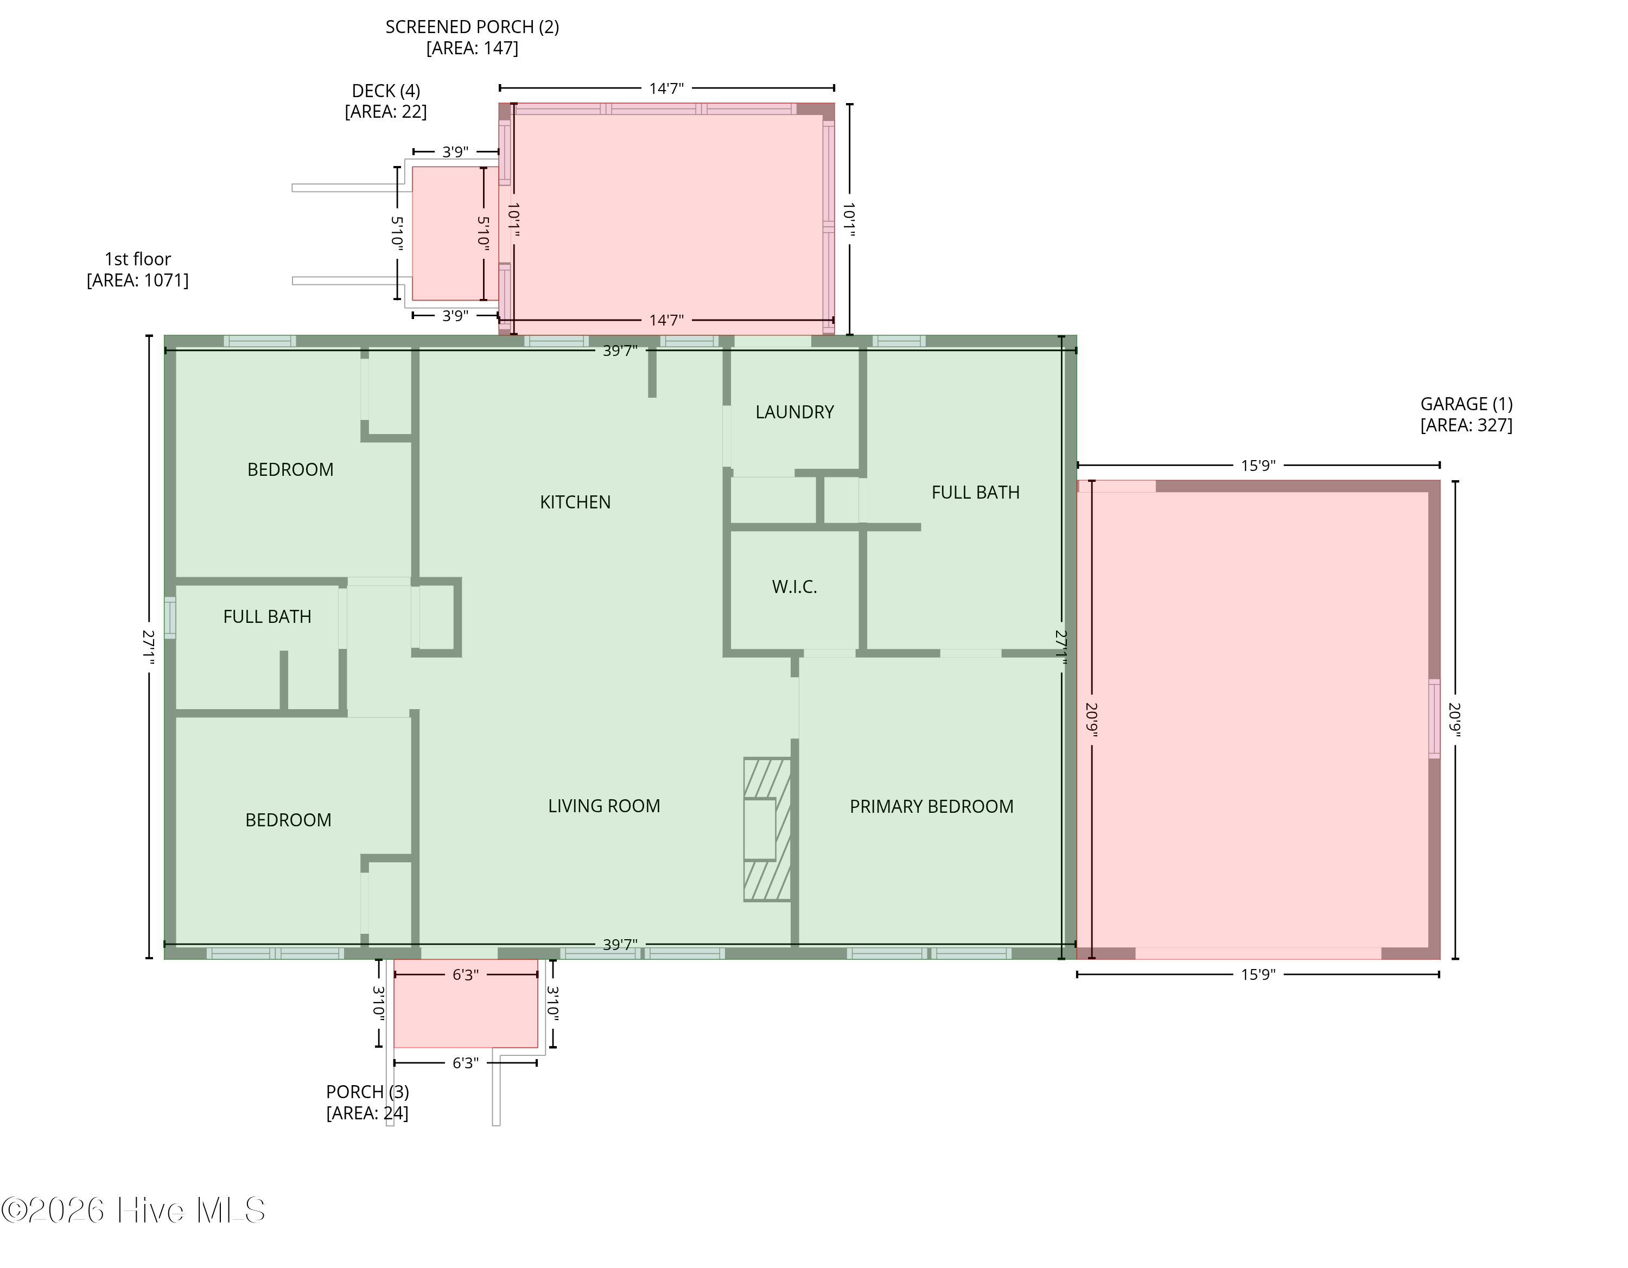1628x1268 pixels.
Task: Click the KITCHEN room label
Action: [x=575, y=502]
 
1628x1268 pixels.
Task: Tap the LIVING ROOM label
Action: [x=604, y=806]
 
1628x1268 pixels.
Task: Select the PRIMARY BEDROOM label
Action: [x=931, y=807]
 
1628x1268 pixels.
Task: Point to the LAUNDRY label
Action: [x=794, y=412]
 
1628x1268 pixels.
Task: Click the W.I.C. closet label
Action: [x=794, y=587]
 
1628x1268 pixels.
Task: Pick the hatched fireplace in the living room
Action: [x=767, y=830]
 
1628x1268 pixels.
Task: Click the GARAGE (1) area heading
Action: [x=1466, y=404]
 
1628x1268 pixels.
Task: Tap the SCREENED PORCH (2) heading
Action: [x=472, y=27]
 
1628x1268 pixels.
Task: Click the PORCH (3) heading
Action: [x=367, y=1092]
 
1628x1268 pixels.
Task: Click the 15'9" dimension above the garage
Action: [x=1258, y=465]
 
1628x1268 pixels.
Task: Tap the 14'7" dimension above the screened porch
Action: [x=666, y=88]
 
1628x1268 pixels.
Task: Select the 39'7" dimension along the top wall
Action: [x=620, y=351]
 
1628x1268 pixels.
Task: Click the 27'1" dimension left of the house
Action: [x=149, y=647]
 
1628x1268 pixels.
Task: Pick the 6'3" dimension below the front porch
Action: [x=465, y=1062]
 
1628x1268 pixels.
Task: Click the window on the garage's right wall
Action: [x=1434, y=718]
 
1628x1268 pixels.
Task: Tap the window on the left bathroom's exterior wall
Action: [x=170, y=617]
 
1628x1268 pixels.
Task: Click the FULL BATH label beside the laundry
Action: [x=975, y=492]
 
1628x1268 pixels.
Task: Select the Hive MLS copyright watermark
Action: [x=133, y=1210]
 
